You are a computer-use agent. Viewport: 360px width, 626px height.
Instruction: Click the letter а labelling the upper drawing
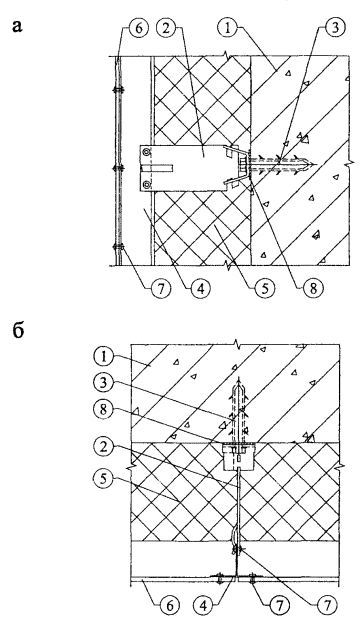coord(18,26)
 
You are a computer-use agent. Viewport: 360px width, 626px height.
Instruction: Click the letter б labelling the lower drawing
coord(18,330)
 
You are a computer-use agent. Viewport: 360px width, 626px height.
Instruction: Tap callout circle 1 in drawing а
coord(226,27)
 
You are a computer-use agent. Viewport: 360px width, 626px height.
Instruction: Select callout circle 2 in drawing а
coord(167,27)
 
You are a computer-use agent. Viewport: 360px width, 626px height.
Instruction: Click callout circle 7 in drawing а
coord(162,288)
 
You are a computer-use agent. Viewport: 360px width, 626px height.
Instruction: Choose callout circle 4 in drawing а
coord(201,288)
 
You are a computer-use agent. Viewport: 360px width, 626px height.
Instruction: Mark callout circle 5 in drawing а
coord(265,288)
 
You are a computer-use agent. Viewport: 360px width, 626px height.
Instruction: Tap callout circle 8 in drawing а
coord(313,288)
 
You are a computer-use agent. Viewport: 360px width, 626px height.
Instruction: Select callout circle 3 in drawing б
coord(104,384)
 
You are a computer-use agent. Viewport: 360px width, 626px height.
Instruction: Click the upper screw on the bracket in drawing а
coord(147,152)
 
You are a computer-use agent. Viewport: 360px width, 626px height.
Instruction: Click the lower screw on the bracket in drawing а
coord(147,184)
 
